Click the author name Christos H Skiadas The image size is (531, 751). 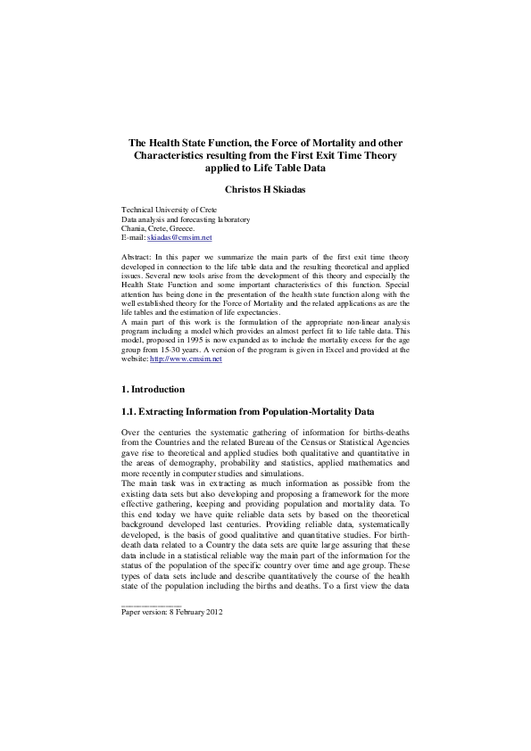tap(265, 188)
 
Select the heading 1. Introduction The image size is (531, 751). tap(153, 389)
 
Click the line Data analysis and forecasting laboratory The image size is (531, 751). tap(186, 219)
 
